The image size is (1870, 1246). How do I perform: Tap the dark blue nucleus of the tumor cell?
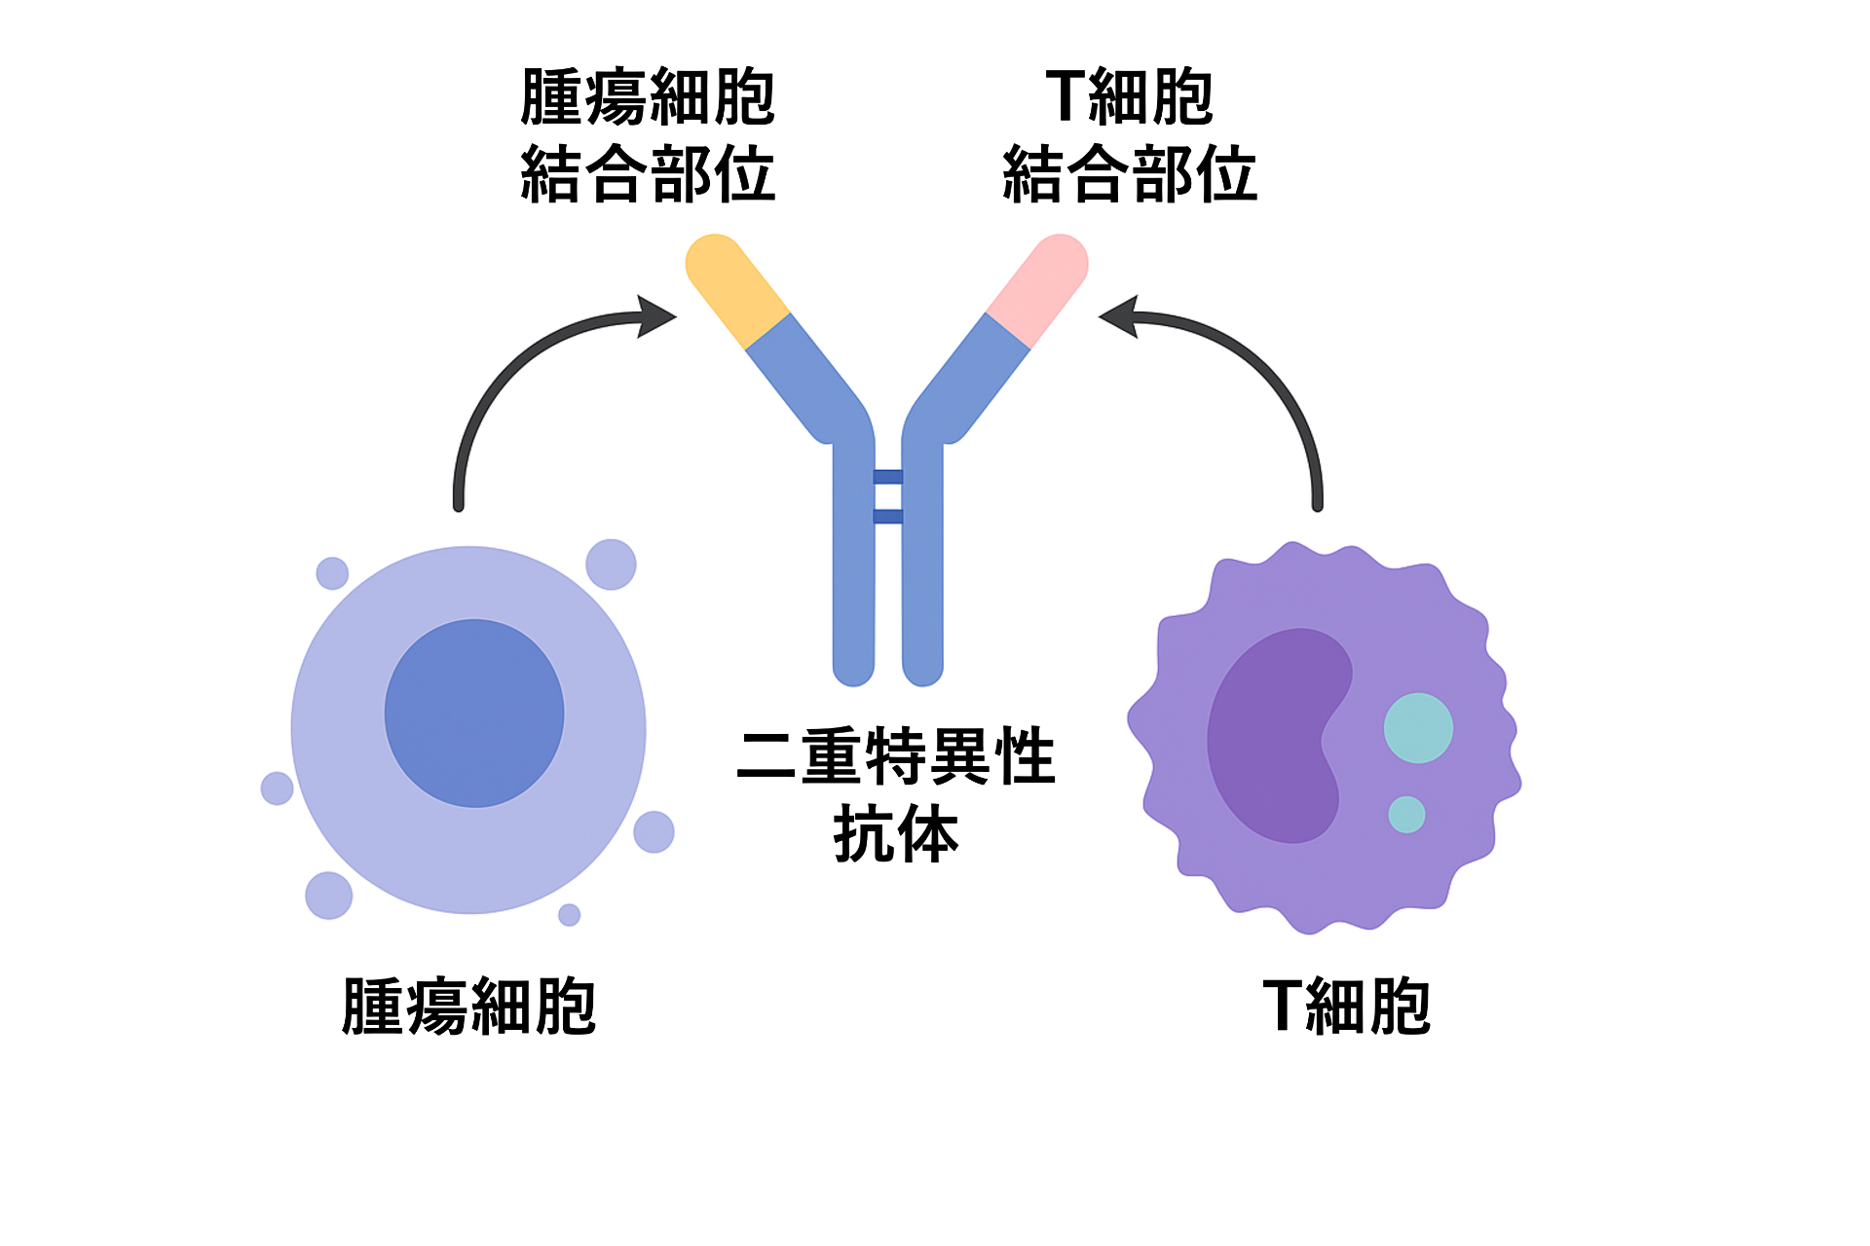[x=474, y=714]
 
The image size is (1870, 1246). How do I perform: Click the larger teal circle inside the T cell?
[x=1418, y=728]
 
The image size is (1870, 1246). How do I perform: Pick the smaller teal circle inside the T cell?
[x=1406, y=815]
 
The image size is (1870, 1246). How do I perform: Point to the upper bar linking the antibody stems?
[x=887, y=477]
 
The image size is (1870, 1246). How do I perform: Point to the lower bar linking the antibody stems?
[x=887, y=516]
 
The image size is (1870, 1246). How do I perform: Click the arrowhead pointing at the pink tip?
[x=1119, y=316]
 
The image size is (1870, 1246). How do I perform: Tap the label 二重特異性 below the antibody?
[x=896, y=756]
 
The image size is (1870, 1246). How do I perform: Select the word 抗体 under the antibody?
[x=896, y=834]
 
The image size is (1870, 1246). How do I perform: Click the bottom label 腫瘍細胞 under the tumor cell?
[x=468, y=1007]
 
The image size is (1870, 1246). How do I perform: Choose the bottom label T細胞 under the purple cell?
[x=1346, y=1007]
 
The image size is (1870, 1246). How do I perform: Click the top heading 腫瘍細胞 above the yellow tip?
[x=648, y=97]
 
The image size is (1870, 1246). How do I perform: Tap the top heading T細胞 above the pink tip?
[x=1130, y=97]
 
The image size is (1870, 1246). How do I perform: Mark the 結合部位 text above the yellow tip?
[x=648, y=174]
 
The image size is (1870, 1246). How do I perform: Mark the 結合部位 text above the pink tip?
[x=1130, y=174]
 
